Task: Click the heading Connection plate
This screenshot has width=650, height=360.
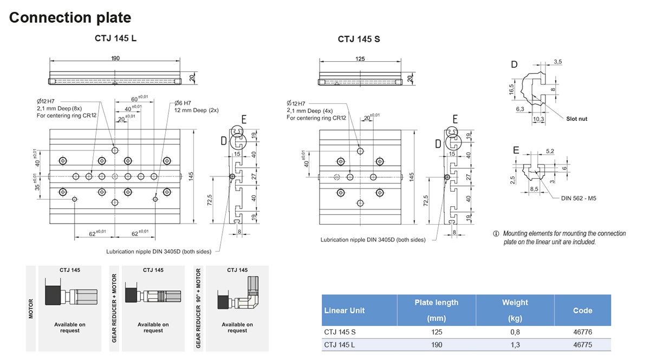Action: point(70,17)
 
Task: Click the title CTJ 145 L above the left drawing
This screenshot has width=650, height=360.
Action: point(115,39)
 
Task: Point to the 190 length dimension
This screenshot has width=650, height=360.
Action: point(115,58)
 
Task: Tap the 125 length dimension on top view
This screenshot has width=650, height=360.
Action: point(359,58)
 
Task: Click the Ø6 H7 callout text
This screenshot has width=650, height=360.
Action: point(183,103)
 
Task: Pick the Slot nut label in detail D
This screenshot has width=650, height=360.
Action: point(576,119)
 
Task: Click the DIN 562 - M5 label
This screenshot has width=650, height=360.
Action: point(580,198)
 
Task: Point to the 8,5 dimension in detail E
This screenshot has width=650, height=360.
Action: point(534,189)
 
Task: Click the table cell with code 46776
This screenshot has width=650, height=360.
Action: point(582,332)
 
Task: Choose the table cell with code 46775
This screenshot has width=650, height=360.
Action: point(582,345)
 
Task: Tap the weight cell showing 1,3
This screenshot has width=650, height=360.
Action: point(515,345)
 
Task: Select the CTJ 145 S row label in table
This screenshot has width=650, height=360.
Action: point(340,332)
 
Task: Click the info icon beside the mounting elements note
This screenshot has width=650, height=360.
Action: point(496,234)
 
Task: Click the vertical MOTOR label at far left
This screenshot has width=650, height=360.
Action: point(31,309)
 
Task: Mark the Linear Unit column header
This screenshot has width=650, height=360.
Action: point(344,310)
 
